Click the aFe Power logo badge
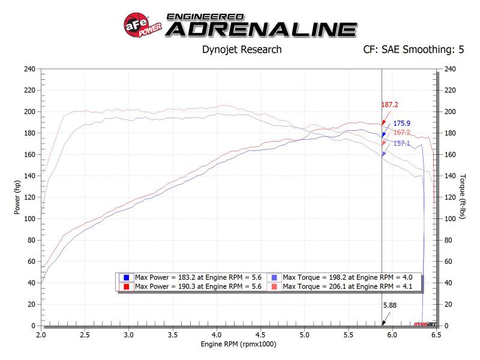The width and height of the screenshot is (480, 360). coord(142,26)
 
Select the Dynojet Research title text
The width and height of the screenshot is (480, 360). coord(242,50)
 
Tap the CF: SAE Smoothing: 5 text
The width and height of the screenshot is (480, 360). coord(414,50)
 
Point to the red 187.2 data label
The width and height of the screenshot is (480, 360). coord(389,104)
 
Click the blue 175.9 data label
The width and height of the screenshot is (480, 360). coord(402,124)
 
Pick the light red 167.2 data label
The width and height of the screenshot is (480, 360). coord(402,133)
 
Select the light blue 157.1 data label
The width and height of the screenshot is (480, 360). coord(402,143)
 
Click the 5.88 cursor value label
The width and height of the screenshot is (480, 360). coord(390,305)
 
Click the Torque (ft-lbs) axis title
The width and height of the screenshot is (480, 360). coord(462,197)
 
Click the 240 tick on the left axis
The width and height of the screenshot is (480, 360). coord(29,69)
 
